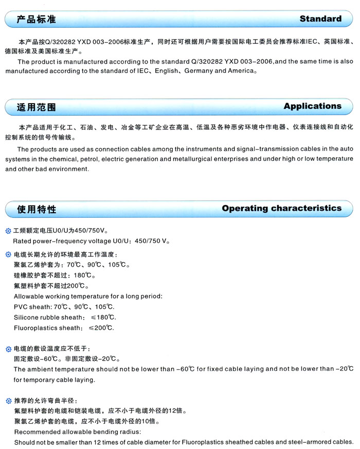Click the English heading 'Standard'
(320, 19)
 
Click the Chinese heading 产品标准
(36, 20)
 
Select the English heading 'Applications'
(312, 106)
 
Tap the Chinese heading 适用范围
(36, 107)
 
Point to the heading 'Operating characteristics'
(281, 209)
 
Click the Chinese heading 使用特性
(36, 210)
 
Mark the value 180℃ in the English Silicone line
(104, 317)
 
